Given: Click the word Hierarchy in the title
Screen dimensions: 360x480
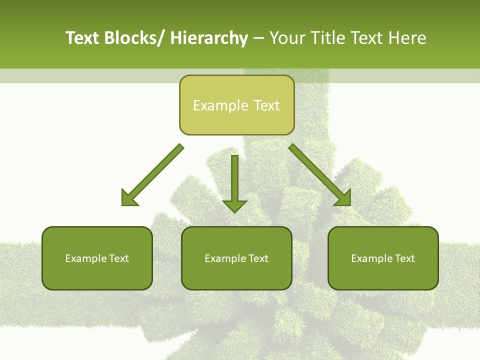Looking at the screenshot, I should pos(208,38).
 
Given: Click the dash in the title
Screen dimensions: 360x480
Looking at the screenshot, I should pos(258,39).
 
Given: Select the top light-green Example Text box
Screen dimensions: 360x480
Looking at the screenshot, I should pos(236,105).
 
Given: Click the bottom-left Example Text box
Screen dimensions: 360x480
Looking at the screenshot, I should pos(97,258).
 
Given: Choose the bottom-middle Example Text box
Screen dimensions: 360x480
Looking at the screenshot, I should pos(236,258).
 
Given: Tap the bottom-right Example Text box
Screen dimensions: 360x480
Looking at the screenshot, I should pos(383,258).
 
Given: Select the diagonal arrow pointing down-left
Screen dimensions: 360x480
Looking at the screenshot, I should pos(152,175).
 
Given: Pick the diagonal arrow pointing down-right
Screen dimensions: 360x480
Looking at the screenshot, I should pos(320,175).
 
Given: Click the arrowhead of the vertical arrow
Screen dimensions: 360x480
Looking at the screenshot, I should pos(234,205).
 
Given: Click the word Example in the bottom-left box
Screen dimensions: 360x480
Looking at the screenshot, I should pos(85,258).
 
